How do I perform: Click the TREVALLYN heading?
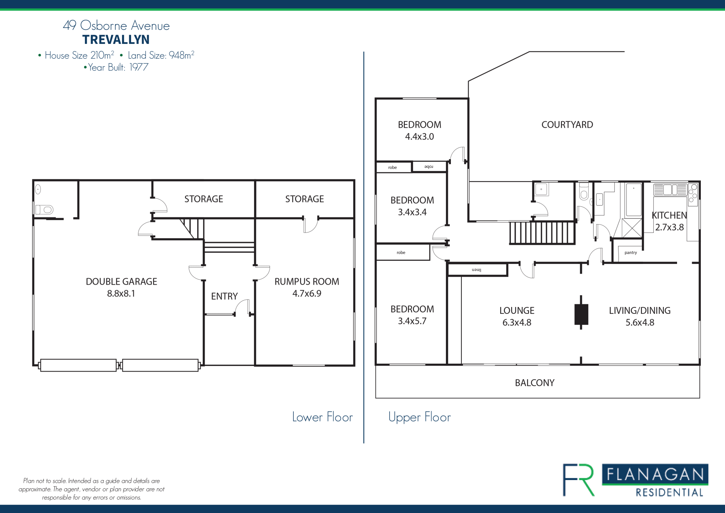point(116,40)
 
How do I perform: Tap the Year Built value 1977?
point(139,67)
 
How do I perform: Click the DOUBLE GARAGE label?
point(121,282)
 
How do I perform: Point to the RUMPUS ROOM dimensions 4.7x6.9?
point(307,293)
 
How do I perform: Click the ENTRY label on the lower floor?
point(224,296)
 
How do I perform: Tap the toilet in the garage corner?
point(45,209)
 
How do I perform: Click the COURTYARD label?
point(567,125)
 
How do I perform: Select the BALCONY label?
point(535,383)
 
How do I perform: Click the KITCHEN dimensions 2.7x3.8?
point(669,227)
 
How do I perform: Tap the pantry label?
point(631,253)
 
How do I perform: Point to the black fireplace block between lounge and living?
point(581,314)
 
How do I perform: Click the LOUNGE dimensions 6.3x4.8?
point(517,322)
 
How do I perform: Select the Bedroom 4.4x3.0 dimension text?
point(420,136)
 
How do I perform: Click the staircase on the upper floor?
point(542,232)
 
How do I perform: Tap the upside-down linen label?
point(477,270)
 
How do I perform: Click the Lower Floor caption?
point(322,417)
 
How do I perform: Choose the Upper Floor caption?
point(420,417)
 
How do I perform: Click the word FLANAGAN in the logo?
point(655,474)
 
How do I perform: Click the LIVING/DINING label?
point(640,311)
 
